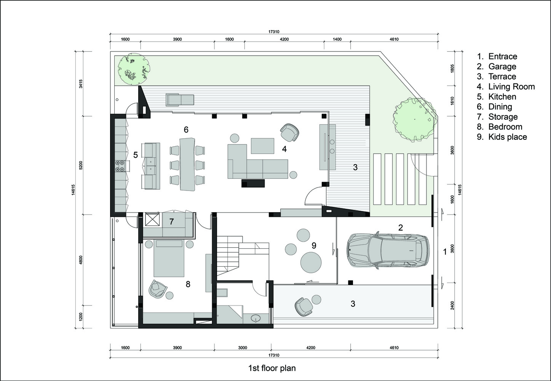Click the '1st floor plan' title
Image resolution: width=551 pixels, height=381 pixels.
[272, 368]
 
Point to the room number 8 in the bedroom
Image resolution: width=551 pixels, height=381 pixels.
[188, 284]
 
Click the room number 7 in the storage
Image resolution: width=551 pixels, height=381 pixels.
[171, 221]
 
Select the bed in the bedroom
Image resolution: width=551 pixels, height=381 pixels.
[169, 258]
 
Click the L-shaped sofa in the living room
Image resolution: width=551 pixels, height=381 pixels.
[257, 162]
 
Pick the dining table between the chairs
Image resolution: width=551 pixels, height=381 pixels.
[187, 164]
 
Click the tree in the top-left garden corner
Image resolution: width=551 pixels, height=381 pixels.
[133, 69]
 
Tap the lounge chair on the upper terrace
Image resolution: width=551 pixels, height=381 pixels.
[180, 100]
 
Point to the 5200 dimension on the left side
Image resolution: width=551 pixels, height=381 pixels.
[81, 165]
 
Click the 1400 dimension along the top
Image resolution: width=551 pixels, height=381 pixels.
[337, 39]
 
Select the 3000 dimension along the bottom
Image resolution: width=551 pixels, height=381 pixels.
[243, 348]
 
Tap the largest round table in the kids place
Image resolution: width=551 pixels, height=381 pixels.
[311, 263]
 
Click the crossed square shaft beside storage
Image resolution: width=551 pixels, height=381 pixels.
[153, 219]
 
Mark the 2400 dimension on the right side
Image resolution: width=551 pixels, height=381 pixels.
[453, 305]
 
